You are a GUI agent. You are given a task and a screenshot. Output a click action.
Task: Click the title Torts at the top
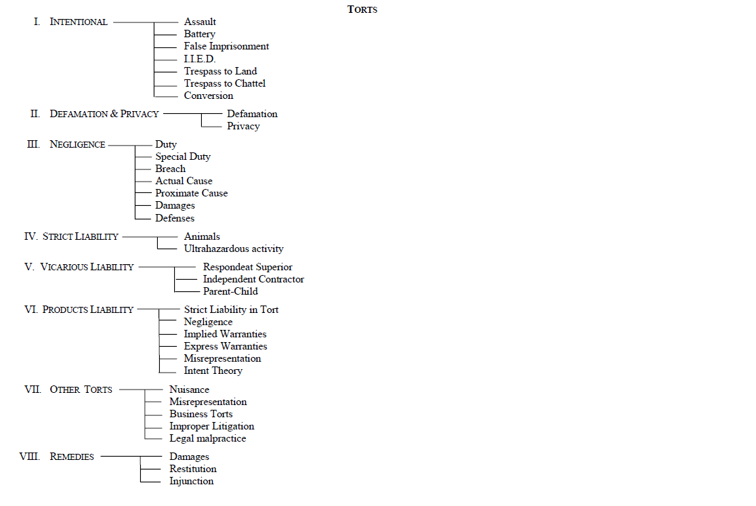point(362,9)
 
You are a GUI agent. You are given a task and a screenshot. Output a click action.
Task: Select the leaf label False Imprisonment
point(226,47)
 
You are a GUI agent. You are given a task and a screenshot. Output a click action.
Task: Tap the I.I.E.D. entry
point(200,59)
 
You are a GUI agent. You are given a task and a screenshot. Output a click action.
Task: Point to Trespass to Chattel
point(225,83)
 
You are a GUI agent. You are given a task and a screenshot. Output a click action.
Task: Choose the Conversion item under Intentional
point(209,96)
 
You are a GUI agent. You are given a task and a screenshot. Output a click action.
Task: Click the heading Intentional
point(79,22)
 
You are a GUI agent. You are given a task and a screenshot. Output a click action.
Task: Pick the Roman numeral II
point(35,114)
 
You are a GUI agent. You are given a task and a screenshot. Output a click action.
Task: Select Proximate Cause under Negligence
point(192,193)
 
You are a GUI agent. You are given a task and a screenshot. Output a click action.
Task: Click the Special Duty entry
point(183,156)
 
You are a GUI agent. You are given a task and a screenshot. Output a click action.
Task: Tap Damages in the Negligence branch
point(175,205)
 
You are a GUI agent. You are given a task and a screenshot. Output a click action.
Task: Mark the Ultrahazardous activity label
point(234,249)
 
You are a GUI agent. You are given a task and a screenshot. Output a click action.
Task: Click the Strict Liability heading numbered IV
point(80,236)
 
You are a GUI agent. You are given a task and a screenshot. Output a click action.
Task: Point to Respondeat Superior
point(248,267)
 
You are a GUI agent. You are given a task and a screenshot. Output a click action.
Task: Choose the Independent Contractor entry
point(253,279)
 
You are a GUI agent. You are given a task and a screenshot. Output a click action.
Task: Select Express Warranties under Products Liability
point(226,346)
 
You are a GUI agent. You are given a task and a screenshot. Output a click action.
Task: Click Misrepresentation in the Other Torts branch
point(208,402)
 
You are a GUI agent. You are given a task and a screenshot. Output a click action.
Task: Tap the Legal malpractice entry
point(208,438)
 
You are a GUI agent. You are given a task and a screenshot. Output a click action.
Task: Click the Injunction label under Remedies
point(192,481)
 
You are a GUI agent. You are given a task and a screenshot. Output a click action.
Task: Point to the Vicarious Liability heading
point(87,267)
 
